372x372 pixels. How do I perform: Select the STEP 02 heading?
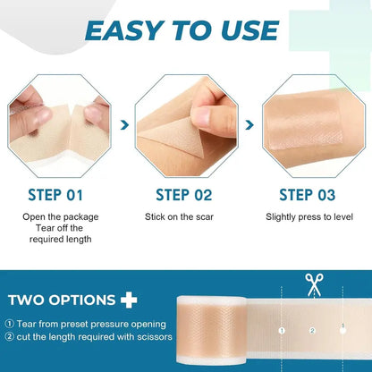point(185,195)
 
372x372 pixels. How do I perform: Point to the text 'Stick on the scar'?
point(185,216)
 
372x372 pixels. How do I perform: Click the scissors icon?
point(313,285)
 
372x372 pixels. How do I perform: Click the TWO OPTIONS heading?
point(62,300)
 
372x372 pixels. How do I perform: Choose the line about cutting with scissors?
point(85,336)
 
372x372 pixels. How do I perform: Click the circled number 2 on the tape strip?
point(313,331)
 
